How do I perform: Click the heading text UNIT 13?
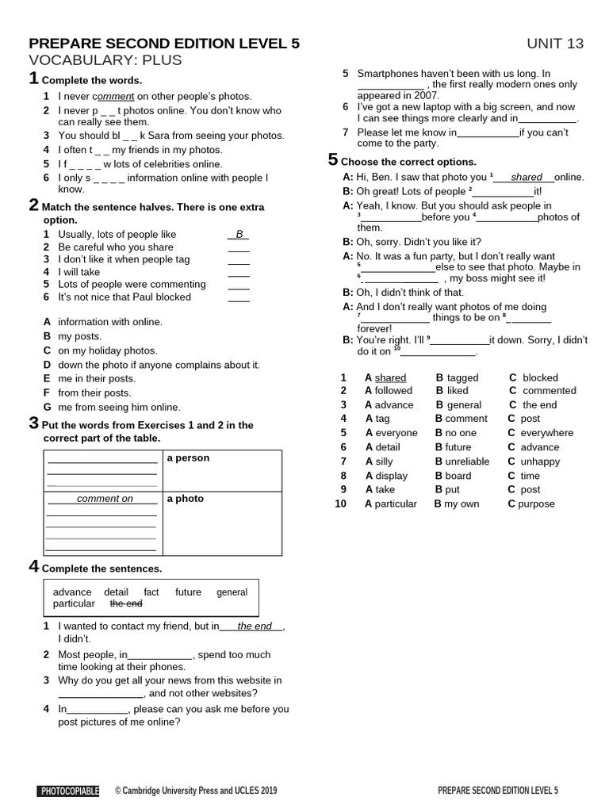point(554,44)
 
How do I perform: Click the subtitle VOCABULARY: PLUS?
point(105,60)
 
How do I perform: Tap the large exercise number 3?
point(33,423)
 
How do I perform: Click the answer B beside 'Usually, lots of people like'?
point(238,235)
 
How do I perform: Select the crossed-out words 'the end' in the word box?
point(126,603)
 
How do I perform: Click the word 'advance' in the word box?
point(72,592)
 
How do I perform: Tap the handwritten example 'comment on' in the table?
point(105,499)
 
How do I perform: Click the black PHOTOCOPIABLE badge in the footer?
point(68,791)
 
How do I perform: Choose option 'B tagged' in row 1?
point(457,378)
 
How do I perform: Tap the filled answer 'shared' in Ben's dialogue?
point(527,178)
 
